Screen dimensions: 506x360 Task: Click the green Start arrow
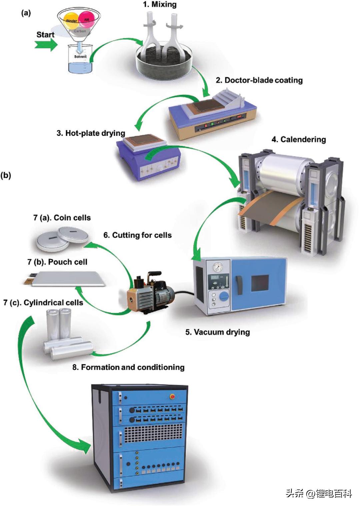click(x=46, y=45)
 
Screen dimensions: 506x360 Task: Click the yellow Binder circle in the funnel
click(x=71, y=21)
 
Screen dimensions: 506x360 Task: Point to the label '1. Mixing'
click(x=160, y=5)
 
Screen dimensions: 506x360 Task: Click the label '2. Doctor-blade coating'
click(x=259, y=80)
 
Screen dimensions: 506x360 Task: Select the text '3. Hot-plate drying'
click(x=91, y=133)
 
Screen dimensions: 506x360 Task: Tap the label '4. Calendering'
click(x=299, y=140)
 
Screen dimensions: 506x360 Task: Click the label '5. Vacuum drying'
click(x=217, y=332)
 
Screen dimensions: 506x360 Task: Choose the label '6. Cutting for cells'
click(x=137, y=235)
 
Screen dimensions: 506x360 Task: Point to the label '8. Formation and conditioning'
click(x=128, y=367)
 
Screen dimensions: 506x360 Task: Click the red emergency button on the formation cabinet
click(x=172, y=396)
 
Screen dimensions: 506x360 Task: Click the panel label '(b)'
click(x=6, y=175)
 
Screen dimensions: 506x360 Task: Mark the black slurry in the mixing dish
click(x=163, y=62)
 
